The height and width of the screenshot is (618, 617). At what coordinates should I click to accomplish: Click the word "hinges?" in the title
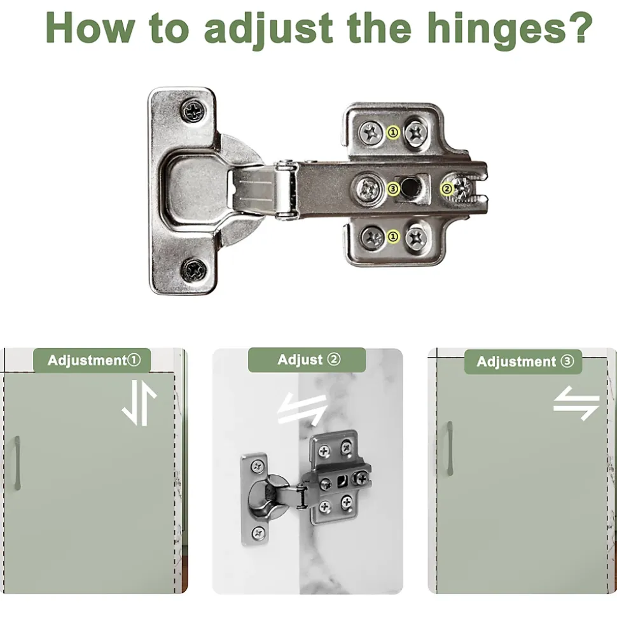[x=510, y=29]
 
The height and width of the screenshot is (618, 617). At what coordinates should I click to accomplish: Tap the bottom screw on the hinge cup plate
[x=193, y=270]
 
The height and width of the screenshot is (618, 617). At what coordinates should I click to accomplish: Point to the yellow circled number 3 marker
[x=393, y=189]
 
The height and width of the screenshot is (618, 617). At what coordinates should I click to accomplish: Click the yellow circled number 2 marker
[x=447, y=189]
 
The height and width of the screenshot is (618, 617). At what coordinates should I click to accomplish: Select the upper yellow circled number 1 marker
[x=393, y=132]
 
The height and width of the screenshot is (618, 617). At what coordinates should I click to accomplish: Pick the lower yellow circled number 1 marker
[x=393, y=237]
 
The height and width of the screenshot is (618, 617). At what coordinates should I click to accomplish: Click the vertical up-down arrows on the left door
[x=139, y=403]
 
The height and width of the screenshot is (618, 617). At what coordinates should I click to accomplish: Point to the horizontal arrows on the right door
[x=576, y=404]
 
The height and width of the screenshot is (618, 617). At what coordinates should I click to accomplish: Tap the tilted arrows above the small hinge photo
[x=303, y=409]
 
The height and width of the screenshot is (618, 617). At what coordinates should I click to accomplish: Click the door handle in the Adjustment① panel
[x=17, y=463]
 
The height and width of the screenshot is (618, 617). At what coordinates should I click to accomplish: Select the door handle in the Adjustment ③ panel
[x=450, y=448]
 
